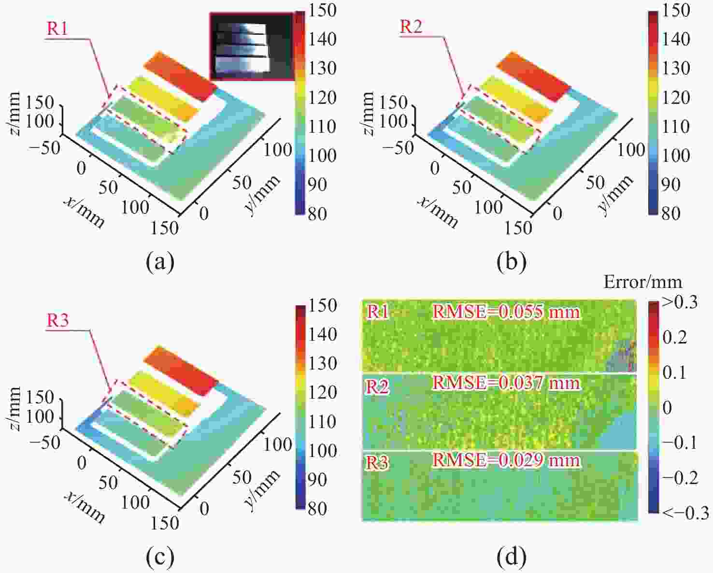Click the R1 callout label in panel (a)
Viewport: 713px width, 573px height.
(x=57, y=29)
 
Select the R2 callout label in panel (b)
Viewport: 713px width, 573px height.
(x=411, y=27)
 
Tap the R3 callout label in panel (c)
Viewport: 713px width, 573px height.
(x=57, y=320)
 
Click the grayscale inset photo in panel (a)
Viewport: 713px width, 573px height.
(x=251, y=46)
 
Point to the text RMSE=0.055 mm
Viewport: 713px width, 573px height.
(x=506, y=312)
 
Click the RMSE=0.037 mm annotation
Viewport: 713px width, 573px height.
(x=506, y=383)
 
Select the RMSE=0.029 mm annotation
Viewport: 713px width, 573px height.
(x=506, y=459)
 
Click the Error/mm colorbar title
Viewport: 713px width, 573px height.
(x=642, y=282)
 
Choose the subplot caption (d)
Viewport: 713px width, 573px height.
(x=512, y=557)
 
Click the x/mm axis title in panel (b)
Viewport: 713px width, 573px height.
(x=438, y=213)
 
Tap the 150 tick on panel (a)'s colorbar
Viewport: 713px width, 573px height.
(x=323, y=11)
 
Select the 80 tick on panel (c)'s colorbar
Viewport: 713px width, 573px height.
(x=317, y=508)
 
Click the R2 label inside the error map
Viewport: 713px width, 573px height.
(x=377, y=387)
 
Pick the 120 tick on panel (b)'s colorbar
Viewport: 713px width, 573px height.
(x=676, y=98)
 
